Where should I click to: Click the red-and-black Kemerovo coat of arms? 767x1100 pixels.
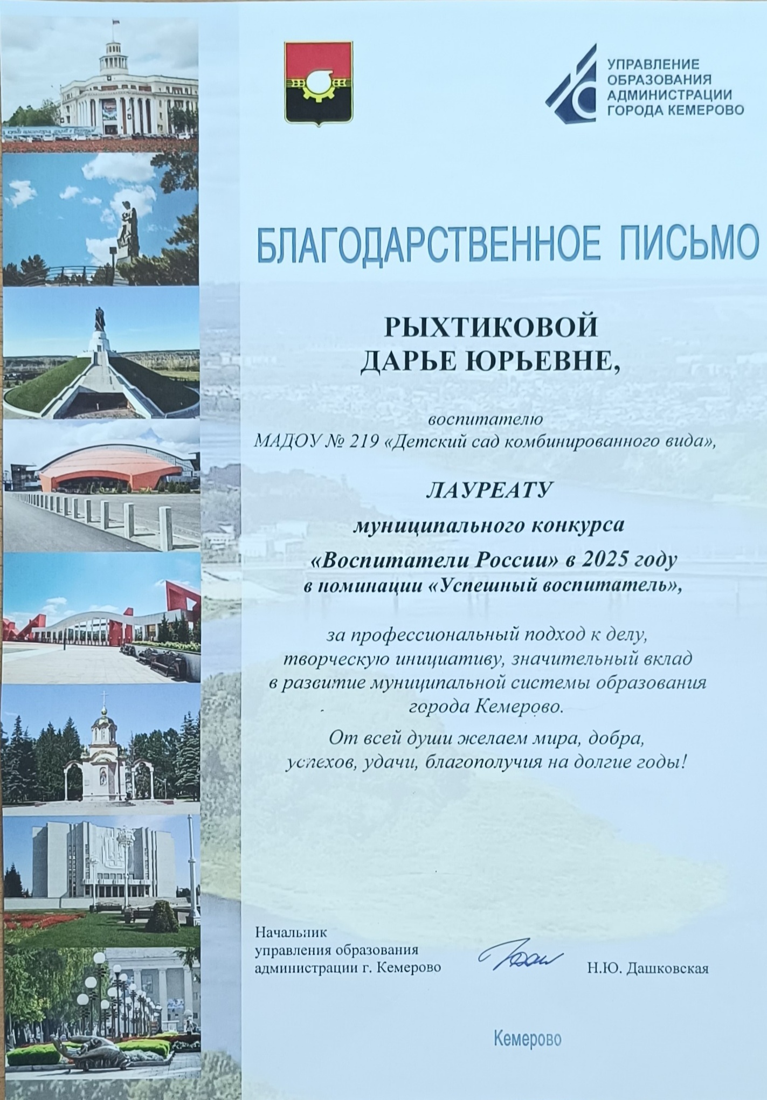pyautogui.click(x=318, y=83)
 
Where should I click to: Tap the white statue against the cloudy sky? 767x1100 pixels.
pyautogui.click(x=128, y=232)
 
